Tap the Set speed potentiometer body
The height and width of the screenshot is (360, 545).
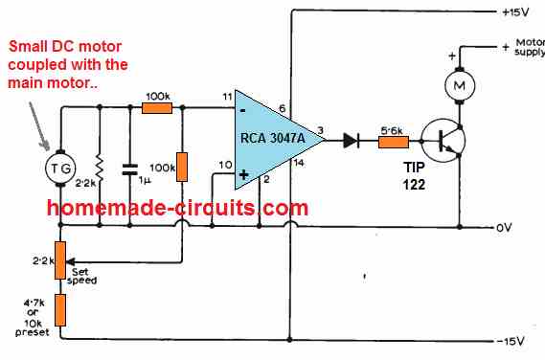point(60,259)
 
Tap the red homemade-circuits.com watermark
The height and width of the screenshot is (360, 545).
point(177,208)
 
